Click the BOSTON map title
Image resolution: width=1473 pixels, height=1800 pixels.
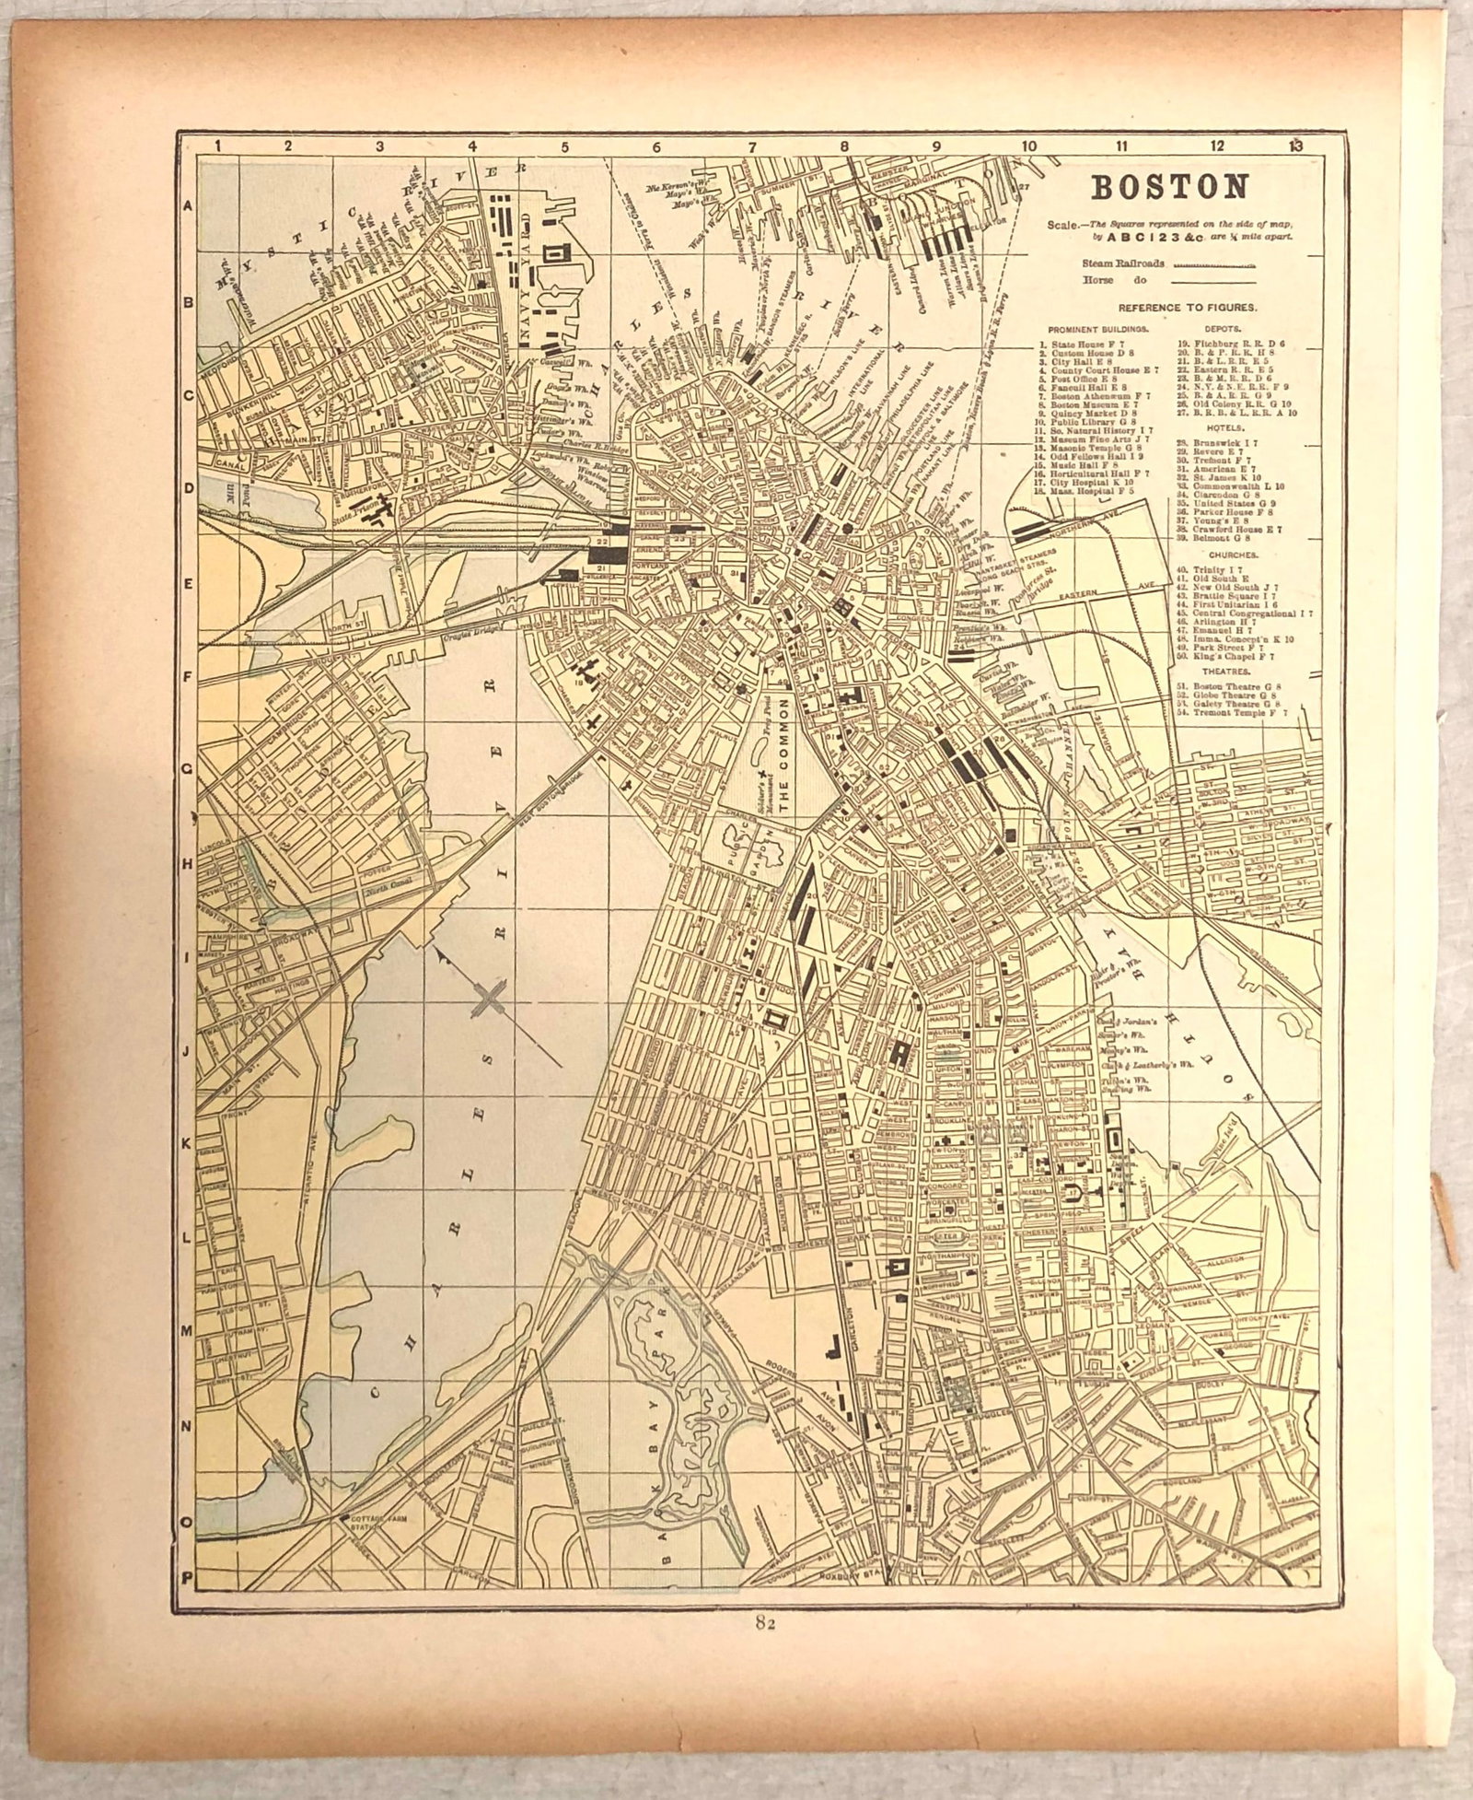(x=1169, y=187)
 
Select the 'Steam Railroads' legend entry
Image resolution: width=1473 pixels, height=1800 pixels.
(x=1123, y=263)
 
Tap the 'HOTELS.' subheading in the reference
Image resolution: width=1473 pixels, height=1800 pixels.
(x=1209, y=428)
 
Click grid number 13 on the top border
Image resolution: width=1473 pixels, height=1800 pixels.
(x=1296, y=144)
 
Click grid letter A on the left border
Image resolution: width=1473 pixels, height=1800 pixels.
(x=187, y=206)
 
